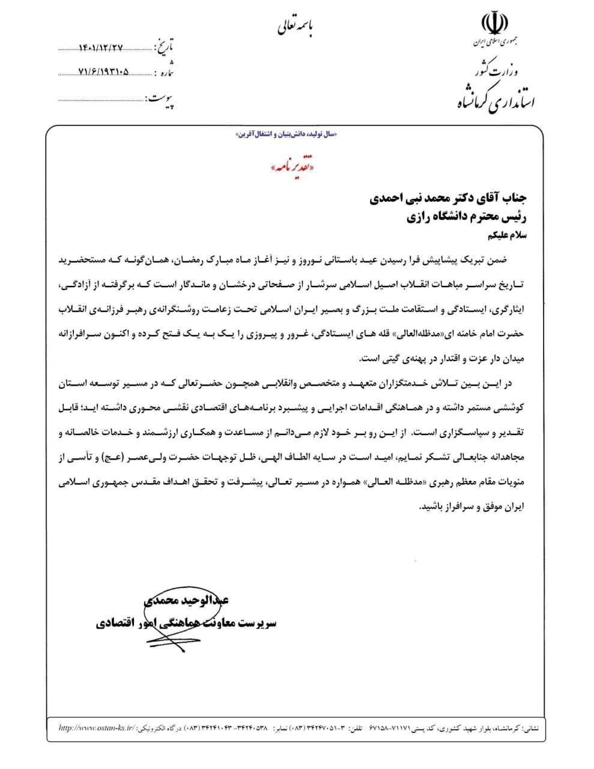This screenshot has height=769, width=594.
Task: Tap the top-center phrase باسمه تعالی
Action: point(295,26)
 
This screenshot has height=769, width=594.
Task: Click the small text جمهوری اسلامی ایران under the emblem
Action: point(496,44)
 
